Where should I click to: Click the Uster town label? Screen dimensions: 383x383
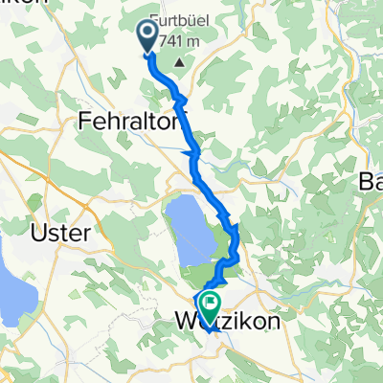(59, 233)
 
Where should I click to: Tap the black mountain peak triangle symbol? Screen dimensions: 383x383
(178, 64)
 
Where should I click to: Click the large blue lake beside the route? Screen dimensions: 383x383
(189, 230)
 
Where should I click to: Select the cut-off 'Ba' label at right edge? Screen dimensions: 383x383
(371, 182)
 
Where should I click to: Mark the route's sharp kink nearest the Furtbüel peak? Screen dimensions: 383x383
(177, 95)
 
